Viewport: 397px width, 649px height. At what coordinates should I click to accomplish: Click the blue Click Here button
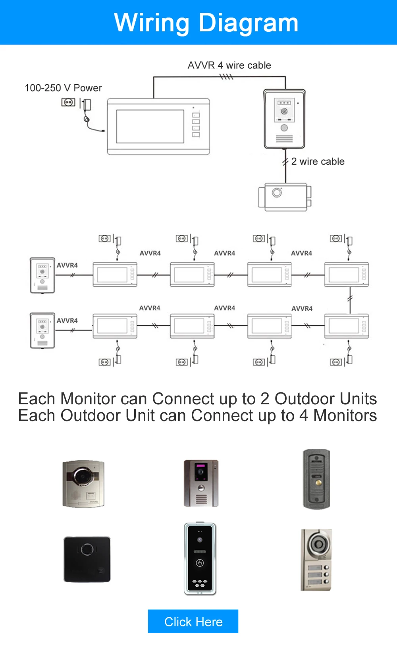pos(193,621)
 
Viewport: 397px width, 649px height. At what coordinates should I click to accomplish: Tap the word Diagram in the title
pos(249,23)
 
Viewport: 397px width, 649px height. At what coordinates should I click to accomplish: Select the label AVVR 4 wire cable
pos(229,65)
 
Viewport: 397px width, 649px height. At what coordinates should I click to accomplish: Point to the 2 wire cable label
pos(318,161)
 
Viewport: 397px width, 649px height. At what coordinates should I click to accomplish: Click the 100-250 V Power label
pos(63,88)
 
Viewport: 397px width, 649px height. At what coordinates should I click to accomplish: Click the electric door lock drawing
pos(285,197)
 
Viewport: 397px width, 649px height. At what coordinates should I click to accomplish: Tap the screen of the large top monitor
pos(150,126)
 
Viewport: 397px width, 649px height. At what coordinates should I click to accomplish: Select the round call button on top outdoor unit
pos(284,128)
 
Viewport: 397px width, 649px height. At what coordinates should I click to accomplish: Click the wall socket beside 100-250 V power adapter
pos(68,102)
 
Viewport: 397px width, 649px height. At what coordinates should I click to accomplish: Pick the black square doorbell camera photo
pos(87,559)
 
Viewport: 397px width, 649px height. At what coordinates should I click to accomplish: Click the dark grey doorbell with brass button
pos(316,479)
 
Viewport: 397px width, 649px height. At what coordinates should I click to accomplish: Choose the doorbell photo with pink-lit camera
pos(201,483)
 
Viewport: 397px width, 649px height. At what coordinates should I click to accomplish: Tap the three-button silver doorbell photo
pos(316,560)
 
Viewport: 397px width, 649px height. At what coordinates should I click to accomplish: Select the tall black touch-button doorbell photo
pos(200,558)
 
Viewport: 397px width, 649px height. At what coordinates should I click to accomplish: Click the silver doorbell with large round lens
pos(83,483)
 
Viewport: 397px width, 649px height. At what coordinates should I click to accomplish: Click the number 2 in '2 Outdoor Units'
pos(265,399)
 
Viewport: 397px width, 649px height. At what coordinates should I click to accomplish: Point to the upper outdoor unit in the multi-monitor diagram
pos(42,275)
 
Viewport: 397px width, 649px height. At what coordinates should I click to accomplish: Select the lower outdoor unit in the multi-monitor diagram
pos(42,330)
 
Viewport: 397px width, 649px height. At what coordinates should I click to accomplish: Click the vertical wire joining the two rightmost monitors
pos(350,300)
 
